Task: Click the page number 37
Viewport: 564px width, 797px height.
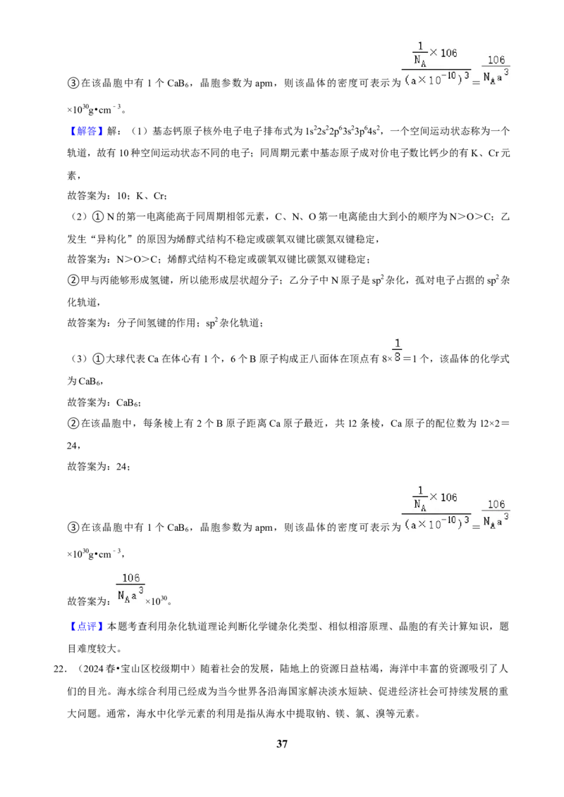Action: [x=282, y=743]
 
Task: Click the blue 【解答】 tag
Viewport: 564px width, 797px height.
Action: [x=87, y=131]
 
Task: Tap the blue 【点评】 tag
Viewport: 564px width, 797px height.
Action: [x=87, y=626]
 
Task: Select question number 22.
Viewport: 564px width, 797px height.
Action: [x=60, y=669]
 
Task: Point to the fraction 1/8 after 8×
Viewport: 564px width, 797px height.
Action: [x=398, y=351]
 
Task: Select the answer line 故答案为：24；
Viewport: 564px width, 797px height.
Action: [x=99, y=467]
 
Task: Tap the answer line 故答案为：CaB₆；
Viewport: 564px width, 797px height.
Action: [x=104, y=403]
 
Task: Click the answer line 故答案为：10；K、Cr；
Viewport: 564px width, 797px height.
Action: [x=118, y=196]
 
